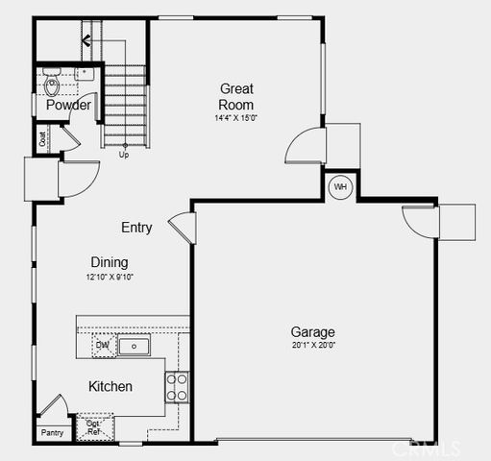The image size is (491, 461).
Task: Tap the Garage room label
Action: pyautogui.click(x=313, y=332)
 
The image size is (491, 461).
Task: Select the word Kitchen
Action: pyautogui.click(x=110, y=386)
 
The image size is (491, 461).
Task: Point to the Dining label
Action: pyautogui.click(x=110, y=262)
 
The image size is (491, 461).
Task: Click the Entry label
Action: pyautogui.click(x=136, y=228)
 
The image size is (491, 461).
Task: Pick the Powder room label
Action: pyautogui.click(x=68, y=106)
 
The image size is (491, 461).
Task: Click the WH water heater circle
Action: pyautogui.click(x=340, y=186)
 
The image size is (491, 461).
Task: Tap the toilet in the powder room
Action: pyautogui.click(x=53, y=85)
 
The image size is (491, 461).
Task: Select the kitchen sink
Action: pyautogui.click(x=135, y=346)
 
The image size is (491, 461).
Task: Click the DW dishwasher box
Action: pyautogui.click(x=103, y=345)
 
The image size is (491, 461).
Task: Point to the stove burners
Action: pyautogui.click(x=177, y=386)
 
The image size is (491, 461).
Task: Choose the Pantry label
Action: pyautogui.click(x=52, y=433)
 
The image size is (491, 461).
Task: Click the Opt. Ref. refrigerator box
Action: pyautogui.click(x=94, y=427)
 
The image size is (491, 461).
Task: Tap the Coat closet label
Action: pyautogui.click(x=43, y=138)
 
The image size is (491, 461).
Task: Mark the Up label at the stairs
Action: pyautogui.click(x=123, y=154)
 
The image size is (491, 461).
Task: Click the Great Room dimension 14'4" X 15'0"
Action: pyautogui.click(x=235, y=118)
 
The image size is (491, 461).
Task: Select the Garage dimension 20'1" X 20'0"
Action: pyautogui.click(x=313, y=345)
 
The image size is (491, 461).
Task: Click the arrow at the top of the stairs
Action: pyautogui.click(x=86, y=40)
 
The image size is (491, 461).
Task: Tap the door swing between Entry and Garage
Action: pyautogui.click(x=184, y=228)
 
